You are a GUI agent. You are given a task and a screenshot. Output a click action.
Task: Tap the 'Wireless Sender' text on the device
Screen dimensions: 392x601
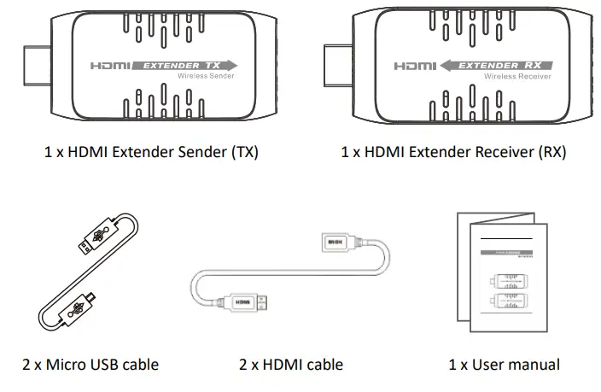point(205,77)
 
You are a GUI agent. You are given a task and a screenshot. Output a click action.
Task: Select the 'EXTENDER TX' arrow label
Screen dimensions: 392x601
point(190,65)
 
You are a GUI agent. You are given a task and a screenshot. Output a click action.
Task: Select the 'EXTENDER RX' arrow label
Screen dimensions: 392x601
point(497,65)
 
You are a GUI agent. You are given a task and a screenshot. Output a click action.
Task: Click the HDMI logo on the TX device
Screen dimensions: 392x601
point(114,65)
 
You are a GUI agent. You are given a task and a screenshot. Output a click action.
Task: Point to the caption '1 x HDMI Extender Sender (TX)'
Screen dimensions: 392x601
point(151,153)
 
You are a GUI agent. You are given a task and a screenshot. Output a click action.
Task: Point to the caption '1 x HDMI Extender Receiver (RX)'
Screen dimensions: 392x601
point(453,153)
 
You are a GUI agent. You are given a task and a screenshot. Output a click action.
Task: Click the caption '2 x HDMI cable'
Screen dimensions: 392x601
point(291,365)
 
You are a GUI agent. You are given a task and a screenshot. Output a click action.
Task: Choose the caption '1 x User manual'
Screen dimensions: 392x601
point(505,365)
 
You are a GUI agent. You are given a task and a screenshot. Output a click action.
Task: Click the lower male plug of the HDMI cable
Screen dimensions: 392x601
point(242,302)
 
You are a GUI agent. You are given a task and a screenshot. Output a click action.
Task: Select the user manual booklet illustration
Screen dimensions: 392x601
point(499,273)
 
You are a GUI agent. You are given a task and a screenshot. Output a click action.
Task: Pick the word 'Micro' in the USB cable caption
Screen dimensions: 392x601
point(69,365)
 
